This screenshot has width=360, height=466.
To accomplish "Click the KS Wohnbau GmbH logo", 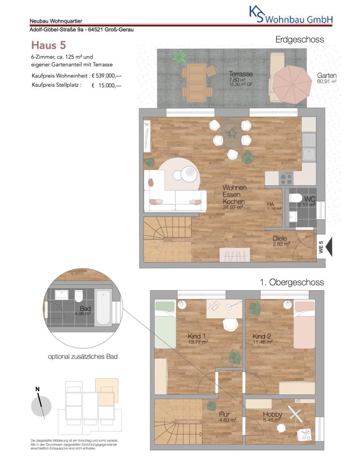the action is click(291, 15).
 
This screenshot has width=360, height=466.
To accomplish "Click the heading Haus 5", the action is click(48, 45).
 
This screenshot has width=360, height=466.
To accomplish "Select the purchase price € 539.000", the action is click(106, 76).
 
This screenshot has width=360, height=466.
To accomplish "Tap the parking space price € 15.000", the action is click(106, 85).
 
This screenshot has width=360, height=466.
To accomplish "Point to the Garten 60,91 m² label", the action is click(327, 78).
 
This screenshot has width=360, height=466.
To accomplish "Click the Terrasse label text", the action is click(240, 74).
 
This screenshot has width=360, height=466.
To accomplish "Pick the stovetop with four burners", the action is click(286, 178).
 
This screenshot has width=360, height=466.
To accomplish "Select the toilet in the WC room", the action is click(295, 198).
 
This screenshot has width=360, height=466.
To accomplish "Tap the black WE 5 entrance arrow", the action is click(329, 247).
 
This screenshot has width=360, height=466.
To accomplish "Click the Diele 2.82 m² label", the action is click(281, 241).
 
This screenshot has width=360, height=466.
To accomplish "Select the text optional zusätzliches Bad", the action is click(82, 357).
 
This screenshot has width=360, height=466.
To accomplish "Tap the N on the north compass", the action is click(37, 389).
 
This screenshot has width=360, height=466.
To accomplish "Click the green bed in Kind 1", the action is click(165, 324).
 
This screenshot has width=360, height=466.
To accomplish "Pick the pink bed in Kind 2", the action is click(304, 324).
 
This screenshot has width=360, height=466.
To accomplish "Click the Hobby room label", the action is click(272, 414).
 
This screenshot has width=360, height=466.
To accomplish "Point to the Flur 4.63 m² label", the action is click(228, 417).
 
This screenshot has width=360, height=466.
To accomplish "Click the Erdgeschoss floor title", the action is click(300, 39).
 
